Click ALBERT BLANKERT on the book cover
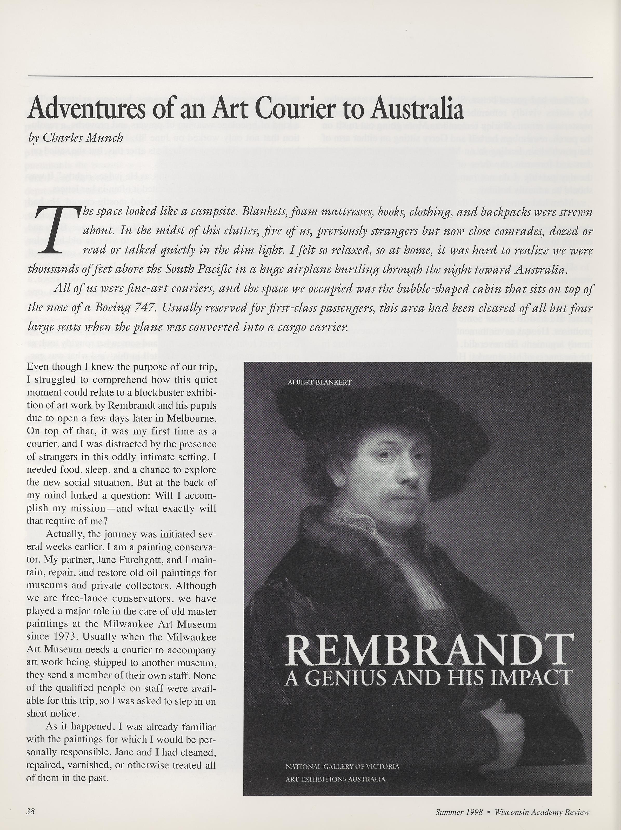point(319,382)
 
